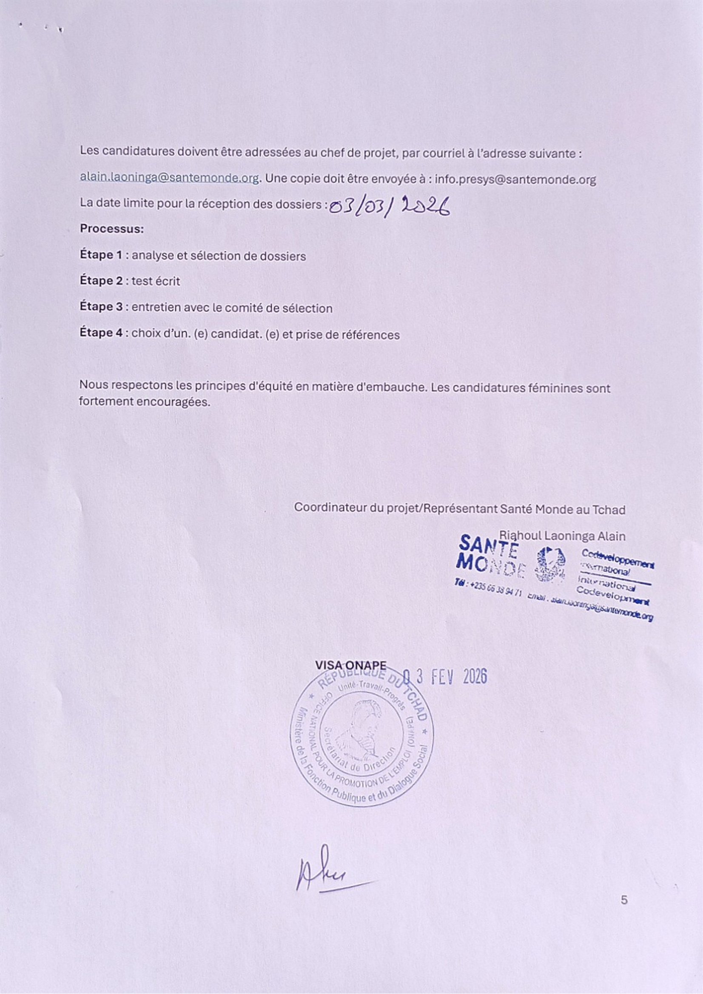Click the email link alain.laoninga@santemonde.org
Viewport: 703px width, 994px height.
pyautogui.click(x=170, y=178)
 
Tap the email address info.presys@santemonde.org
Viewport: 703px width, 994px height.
pyautogui.click(x=515, y=179)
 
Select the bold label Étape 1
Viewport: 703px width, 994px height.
pyautogui.click(x=101, y=255)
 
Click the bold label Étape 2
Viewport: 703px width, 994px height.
pyautogui.click(x=101, y=281)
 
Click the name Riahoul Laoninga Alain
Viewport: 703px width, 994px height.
pyautogui.click(x=562, y=536)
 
